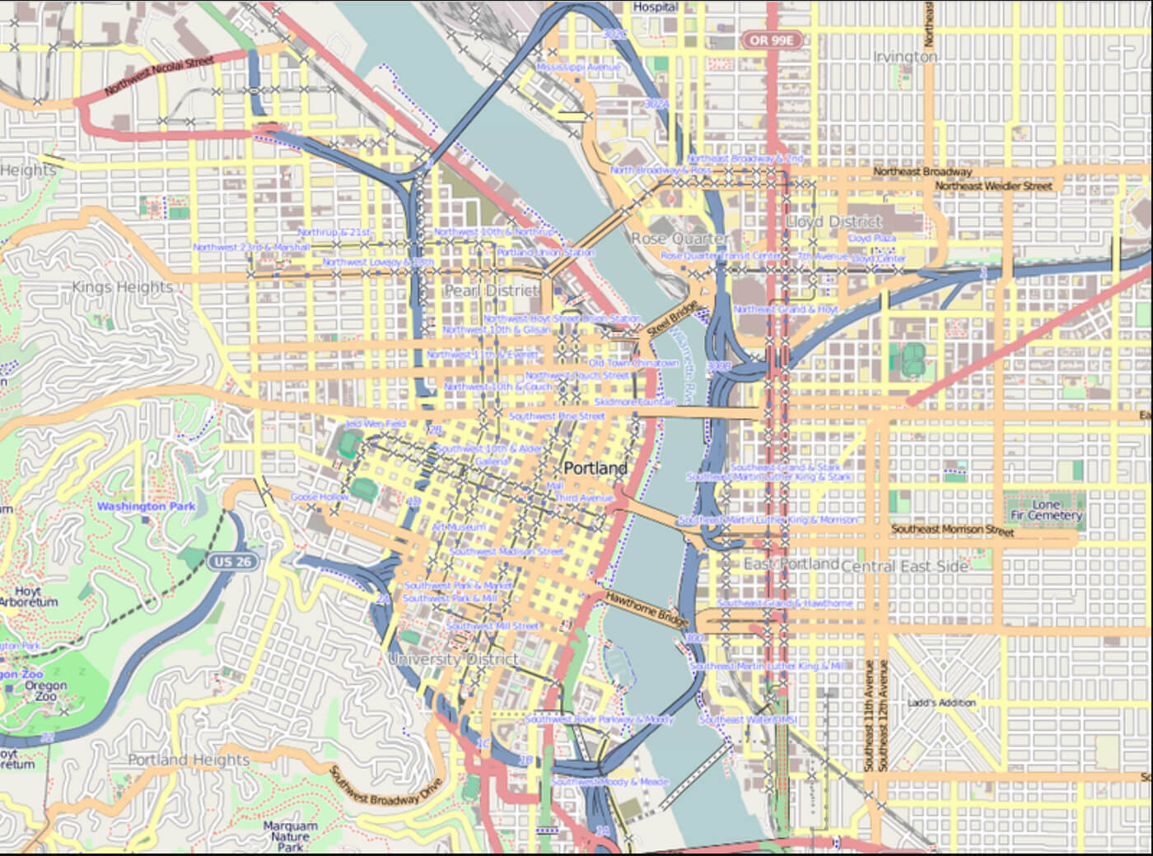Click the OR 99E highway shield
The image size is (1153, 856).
772,40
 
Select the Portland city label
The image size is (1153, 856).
595,468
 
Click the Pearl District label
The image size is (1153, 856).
491,291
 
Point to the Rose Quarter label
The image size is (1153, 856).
679,238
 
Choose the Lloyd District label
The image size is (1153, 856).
833,221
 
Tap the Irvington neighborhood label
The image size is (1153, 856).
905,56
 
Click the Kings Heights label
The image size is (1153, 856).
123,286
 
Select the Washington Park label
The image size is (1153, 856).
146,505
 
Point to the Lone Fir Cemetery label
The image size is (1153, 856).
1046,509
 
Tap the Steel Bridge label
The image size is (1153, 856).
672,318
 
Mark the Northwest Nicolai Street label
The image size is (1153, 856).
159,75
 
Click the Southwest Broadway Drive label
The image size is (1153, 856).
385,787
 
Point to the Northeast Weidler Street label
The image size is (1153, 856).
993,186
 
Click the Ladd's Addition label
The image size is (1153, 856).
941,703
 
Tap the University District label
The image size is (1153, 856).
453,658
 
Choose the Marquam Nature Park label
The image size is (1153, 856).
290,835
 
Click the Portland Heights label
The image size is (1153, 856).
189,760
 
